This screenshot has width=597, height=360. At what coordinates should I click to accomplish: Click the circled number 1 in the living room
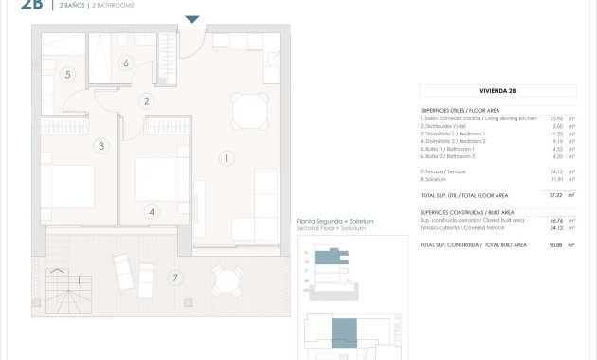227,157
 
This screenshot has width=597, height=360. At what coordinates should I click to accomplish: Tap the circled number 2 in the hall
148,101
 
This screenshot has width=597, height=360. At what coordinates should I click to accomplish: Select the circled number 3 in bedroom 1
101,146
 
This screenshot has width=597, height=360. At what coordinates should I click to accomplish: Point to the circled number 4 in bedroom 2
153,212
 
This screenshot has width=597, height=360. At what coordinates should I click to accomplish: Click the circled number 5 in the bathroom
68,74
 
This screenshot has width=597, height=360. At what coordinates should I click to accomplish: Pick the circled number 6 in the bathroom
125,63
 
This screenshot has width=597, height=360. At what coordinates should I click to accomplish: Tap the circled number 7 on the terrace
173,277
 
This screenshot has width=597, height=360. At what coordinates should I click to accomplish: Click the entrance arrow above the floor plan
192,19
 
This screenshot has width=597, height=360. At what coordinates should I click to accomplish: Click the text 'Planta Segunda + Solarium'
335,221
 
